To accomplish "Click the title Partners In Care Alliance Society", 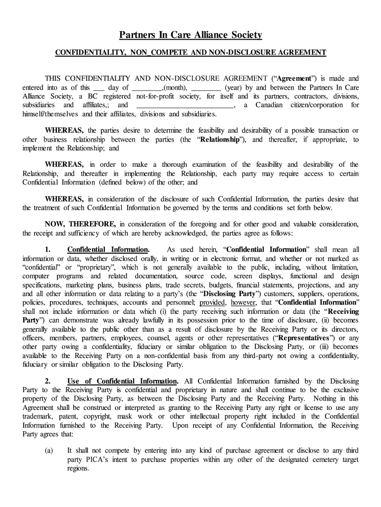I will coord(190,35).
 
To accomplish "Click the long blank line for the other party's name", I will coord(184,105).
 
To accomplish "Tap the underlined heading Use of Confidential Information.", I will coord(122,381).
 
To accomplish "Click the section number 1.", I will coord(48,250).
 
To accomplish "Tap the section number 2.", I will coord(48,381).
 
